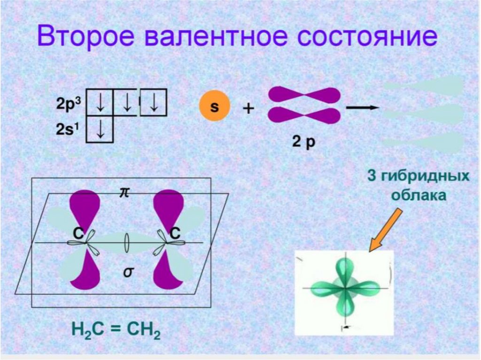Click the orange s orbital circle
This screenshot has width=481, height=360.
(214, 107)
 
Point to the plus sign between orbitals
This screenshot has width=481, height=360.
(248, 108)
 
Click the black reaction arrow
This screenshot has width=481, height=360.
(362, 107)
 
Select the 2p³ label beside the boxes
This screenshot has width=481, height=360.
(70, 105)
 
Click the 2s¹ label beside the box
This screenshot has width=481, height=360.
(70, 129)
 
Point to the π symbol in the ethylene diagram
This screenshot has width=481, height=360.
(124, 193)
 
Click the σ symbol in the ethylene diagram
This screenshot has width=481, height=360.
(127, 272)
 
